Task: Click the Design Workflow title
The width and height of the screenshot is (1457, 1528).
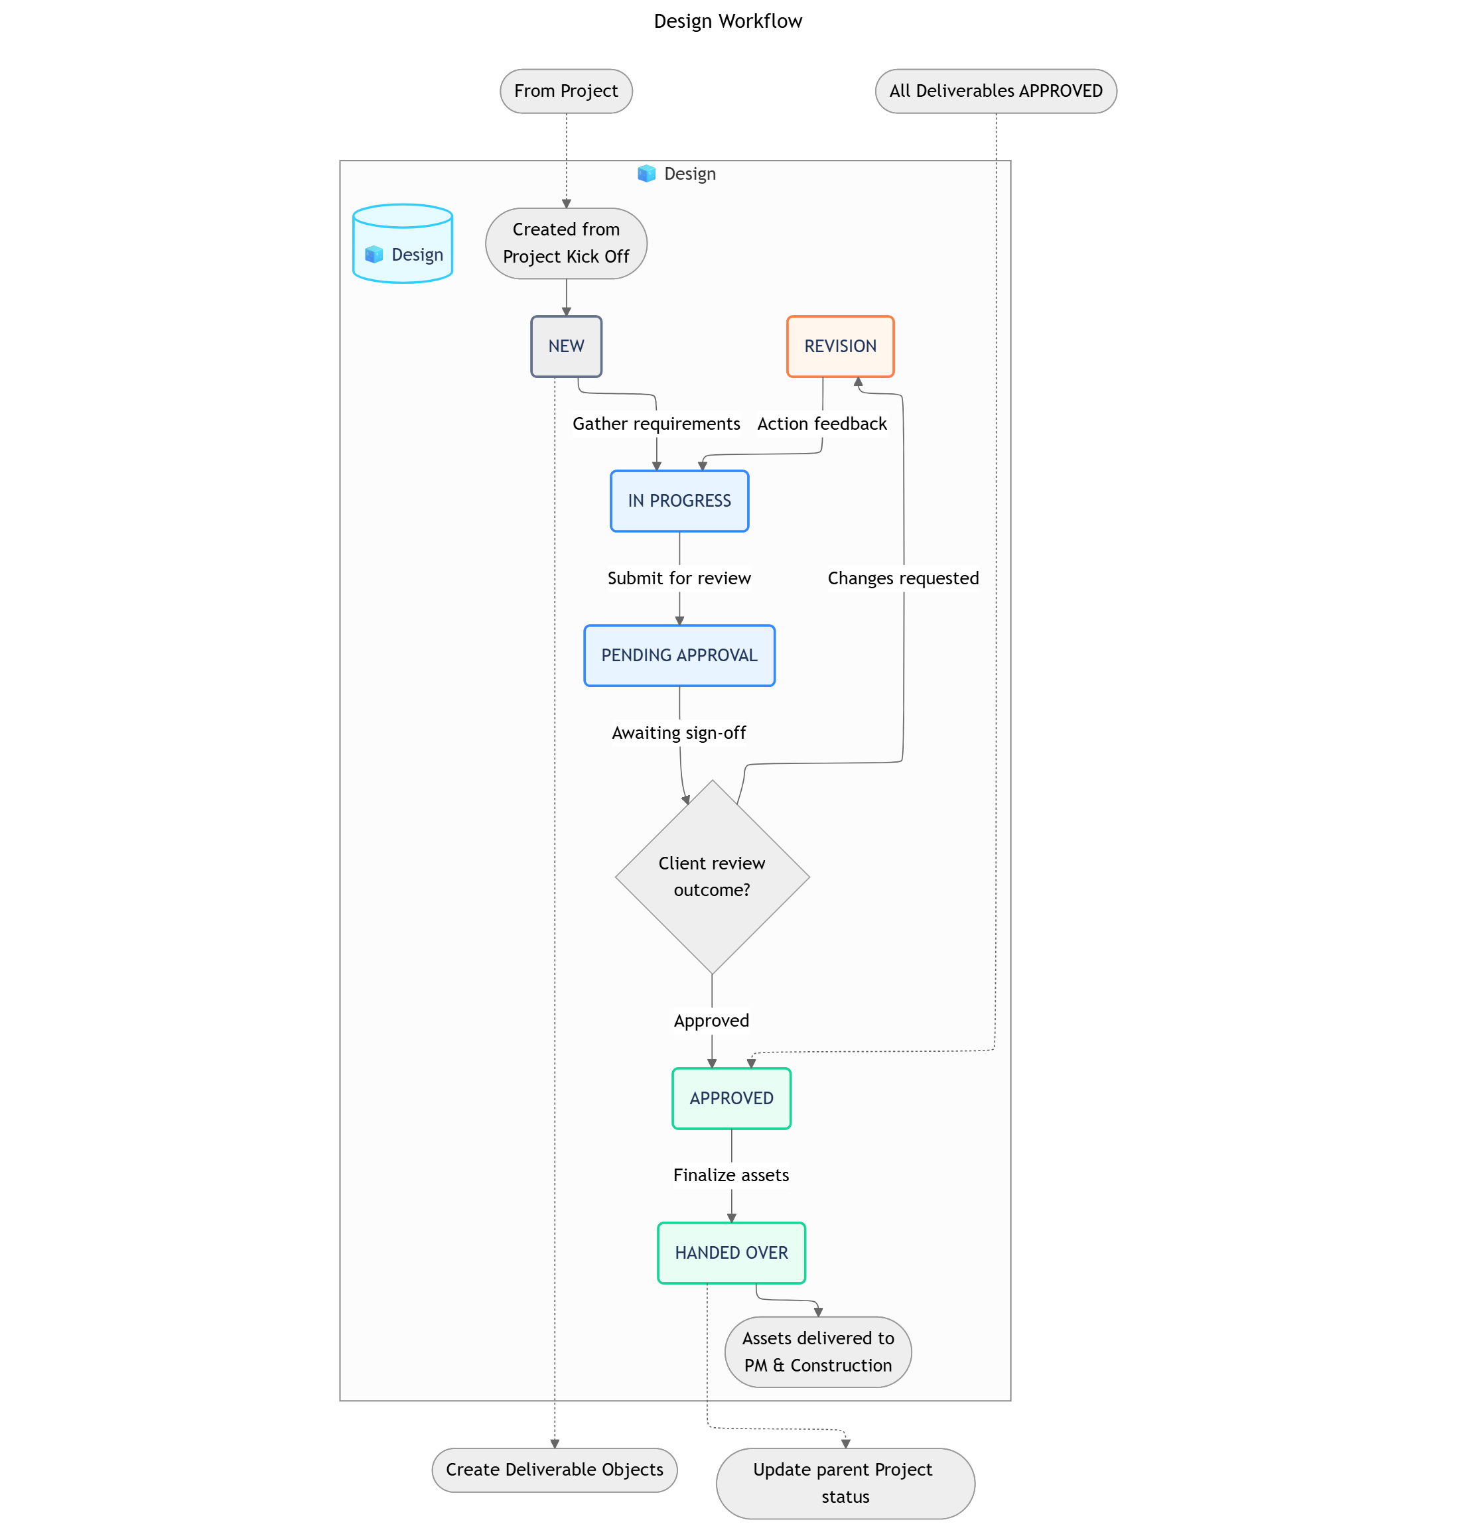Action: (x=728, y=22)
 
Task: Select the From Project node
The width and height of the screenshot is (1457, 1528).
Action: (x=565, y=92)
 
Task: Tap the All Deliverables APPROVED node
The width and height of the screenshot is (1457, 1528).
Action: (x=995, y=92)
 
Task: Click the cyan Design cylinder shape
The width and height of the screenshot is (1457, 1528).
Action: (x=402, y=244)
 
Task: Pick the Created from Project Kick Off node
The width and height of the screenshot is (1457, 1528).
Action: (x=565, y=243)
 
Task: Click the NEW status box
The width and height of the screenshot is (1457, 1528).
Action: (x=565, y=346)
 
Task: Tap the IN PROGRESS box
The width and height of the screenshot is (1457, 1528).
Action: (x=679, y=501)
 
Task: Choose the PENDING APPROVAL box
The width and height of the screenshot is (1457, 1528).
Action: (x=679, y=655)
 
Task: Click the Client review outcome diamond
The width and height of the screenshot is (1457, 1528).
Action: (x=711, y=877)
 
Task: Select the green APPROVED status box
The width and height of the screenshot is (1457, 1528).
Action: (x=731, y=1098)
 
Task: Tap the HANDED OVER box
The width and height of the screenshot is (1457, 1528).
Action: (x=731, y=1252)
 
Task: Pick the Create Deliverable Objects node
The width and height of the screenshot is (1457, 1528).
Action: (x=554, y=1469)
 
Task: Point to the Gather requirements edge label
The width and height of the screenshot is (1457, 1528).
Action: (x=656, y=424)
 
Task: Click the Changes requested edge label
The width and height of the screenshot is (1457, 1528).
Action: (x=902, y=578)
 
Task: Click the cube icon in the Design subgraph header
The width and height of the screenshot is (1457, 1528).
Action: (x=646, y=174)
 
